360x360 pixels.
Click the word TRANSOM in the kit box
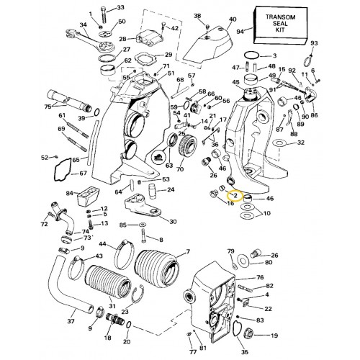280,17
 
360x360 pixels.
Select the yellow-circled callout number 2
235,195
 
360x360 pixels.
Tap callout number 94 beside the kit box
240,32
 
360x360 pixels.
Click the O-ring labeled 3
251,55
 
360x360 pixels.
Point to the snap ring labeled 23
138,294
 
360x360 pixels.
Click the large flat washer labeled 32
279,143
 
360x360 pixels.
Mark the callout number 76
260,277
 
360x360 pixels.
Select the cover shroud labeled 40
208,48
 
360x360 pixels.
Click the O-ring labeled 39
96,112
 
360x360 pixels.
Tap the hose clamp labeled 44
125,255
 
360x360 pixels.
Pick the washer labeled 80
244,260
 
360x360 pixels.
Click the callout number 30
173,222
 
